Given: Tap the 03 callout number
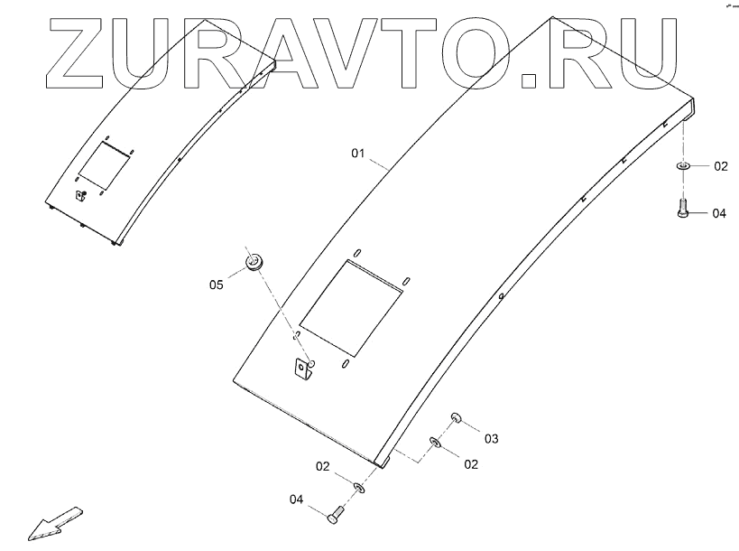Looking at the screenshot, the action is [491, 439].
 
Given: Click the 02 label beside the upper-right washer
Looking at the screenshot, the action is [720, 166].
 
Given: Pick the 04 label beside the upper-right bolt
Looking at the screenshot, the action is [718, 214].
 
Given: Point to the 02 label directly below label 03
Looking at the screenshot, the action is [470, 464].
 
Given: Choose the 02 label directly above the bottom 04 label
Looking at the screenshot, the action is [322, 466].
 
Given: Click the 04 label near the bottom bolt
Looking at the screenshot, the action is [296, 499].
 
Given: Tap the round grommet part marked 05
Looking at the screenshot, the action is [254, 263].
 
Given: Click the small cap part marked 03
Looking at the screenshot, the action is [457, 417].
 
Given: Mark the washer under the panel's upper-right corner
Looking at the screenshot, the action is [683, 166].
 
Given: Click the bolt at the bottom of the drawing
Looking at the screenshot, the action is [337, 515].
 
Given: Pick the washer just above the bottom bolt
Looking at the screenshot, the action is [359, 488].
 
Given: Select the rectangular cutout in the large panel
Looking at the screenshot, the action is [352, 307].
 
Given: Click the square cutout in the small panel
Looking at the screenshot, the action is [103, 163].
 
